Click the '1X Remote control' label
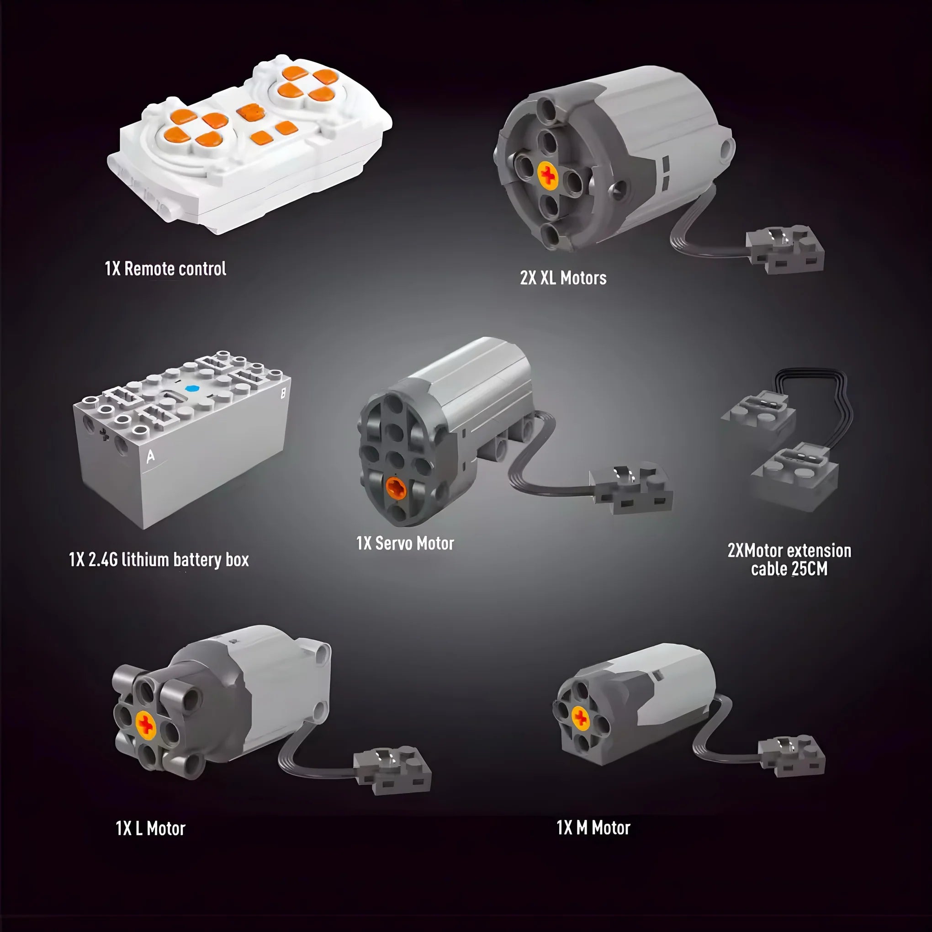165,269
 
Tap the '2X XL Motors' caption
563,278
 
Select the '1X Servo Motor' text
405,543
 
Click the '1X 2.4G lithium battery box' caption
159,560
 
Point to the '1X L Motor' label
150,828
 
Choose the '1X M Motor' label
593,827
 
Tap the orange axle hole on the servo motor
396,489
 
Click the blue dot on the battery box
191,388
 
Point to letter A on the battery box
150,456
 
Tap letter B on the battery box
283,393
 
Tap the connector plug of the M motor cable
791,755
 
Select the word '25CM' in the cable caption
809,569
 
